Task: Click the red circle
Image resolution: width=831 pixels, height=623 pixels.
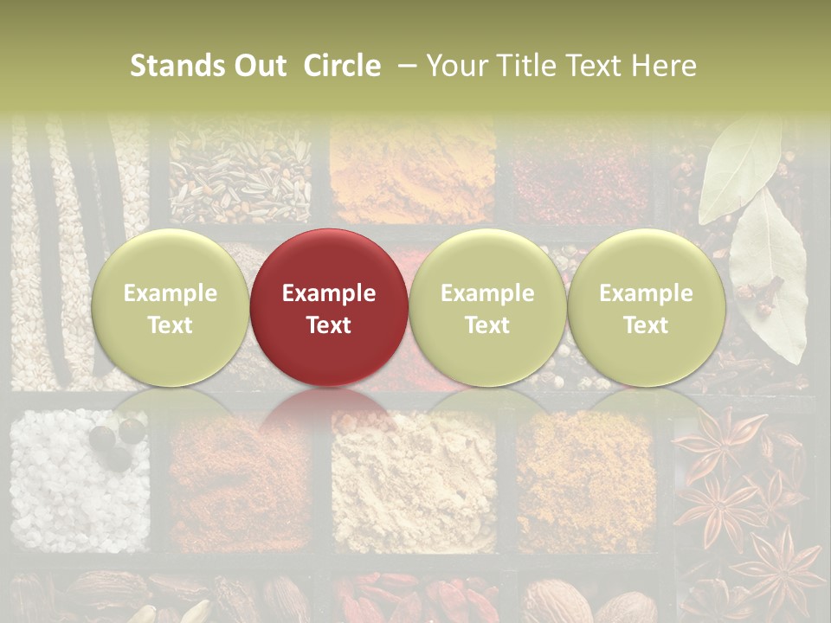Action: (329, 307)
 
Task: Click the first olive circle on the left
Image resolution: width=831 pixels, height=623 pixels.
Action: (171, 307)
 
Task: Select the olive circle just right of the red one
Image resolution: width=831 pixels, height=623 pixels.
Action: (487, 307)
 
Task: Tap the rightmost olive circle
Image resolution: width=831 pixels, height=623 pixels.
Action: (646, 307)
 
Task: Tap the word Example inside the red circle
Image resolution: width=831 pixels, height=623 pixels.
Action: (329, 293)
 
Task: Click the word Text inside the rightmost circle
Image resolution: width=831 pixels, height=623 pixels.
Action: (646, 325)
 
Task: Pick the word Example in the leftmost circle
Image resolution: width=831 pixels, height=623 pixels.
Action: (171, 293)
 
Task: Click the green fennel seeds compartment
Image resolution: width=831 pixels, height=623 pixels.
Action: (240, 173)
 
